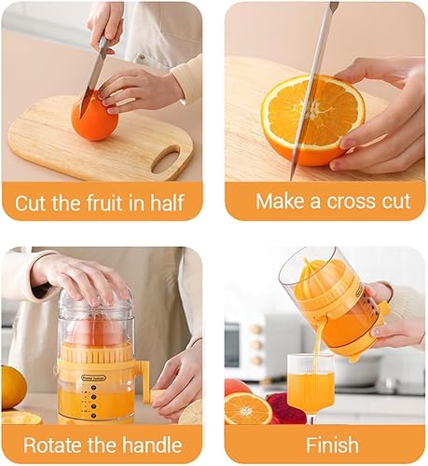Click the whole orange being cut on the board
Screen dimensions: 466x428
(94, 120)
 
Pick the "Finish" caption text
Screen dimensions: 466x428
(319, 444)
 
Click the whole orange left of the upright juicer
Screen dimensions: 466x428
(12, 387)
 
